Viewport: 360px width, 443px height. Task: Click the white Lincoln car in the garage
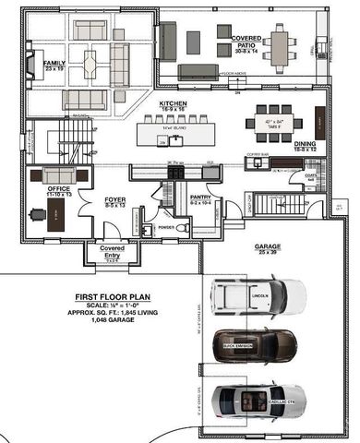point(258,295)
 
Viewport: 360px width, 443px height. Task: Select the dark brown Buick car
point(254,348)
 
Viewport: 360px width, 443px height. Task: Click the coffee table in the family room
point(91,65)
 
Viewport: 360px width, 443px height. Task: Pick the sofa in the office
point(60,176)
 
